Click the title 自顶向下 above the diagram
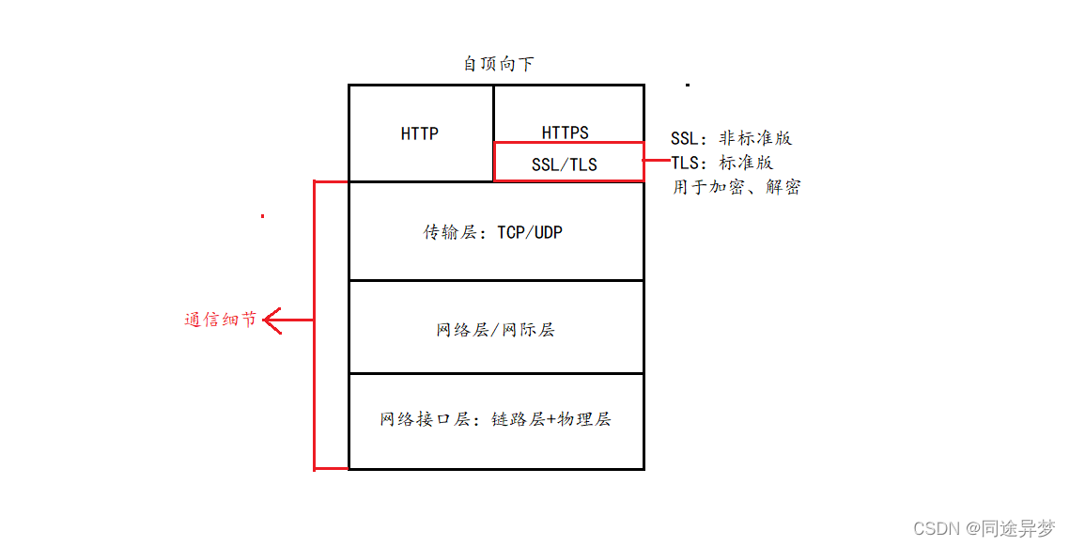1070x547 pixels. [499, 64]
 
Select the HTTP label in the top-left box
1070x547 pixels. [419, 133]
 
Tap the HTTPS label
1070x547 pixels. [565, 133]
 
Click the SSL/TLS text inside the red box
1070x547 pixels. [564, 164]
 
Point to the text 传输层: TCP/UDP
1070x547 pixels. [492, 231]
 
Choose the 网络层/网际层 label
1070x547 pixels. [495, 330]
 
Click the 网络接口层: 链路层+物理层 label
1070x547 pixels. [495, 419]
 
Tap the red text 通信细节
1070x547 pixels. [220, 320]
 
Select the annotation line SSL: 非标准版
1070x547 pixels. [731, 138]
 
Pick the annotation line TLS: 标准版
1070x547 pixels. [721, 163]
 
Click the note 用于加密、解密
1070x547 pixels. [736, 187]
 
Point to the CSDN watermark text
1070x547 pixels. [939, 528]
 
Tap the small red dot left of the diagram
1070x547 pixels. [262, 215]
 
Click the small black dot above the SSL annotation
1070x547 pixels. [688, 85]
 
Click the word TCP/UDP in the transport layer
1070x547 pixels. [530, 231]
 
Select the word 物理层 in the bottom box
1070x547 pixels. [584, 419]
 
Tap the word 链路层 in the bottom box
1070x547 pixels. [518, 419]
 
